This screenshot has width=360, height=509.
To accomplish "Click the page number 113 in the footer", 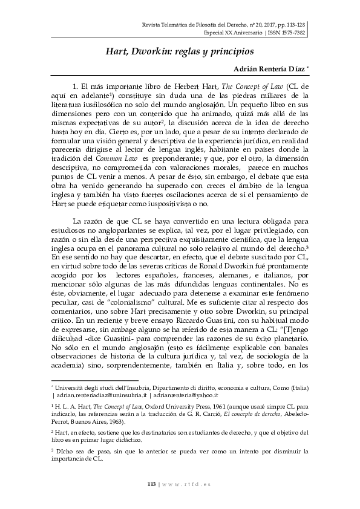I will (152, 484).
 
